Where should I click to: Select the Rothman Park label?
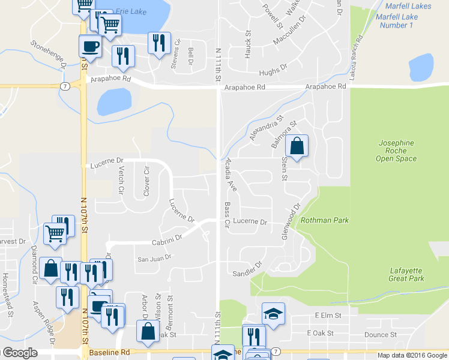click(325, 220)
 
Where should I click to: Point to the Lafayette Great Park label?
click(406, 274)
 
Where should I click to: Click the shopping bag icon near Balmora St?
click(297, 146)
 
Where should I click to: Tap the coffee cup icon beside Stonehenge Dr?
click(90, 46)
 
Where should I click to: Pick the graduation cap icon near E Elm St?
click(273, 314)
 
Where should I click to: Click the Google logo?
click(20, 353)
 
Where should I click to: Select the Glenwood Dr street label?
click(290, 222)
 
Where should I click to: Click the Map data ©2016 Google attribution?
click(412, 355)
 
